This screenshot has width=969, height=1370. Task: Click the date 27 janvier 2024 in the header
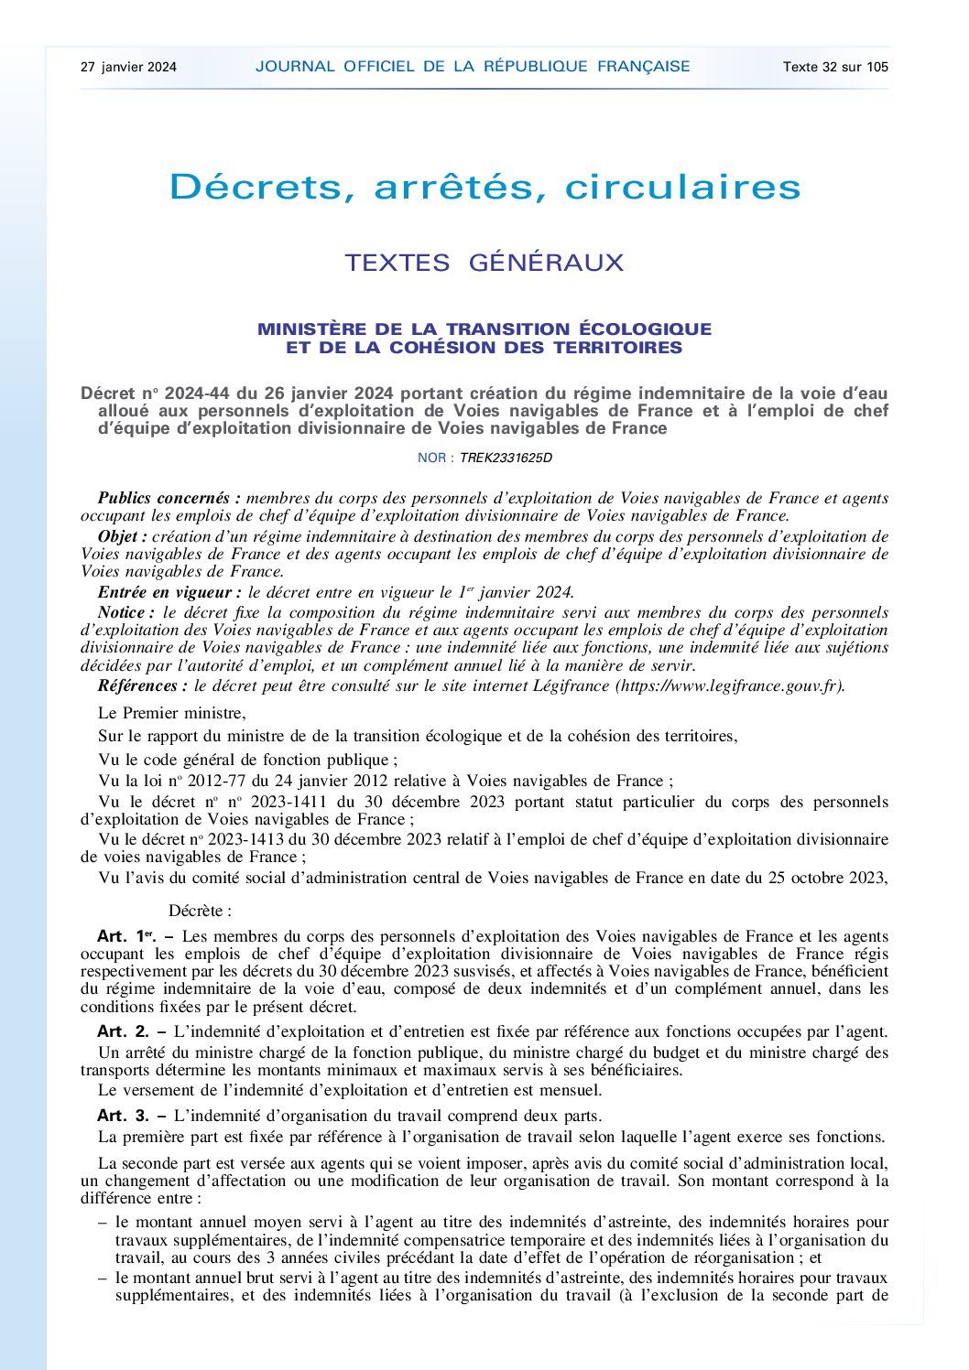click(128, 67)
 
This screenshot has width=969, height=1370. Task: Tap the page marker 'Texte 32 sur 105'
click(835, 67)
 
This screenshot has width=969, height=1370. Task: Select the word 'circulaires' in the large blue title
click(682, 188)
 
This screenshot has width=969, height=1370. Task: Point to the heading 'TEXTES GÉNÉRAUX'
click(484, 264)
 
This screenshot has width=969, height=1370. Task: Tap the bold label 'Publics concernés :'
click(169, 499)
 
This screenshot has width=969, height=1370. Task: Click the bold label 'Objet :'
click(122, 536)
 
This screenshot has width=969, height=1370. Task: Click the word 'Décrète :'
click(200, 912)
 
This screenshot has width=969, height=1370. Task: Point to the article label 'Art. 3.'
click(123, 1116)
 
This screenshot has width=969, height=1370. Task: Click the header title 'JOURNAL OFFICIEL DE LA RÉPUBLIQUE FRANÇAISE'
click(473, 67)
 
